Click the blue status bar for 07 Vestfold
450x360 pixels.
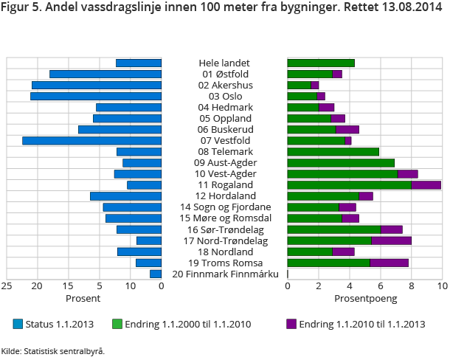coord(92,140)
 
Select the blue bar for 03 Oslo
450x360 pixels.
coord(96,96)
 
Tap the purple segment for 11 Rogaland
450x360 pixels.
coord(426,184)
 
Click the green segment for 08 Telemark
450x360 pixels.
coord(333,151)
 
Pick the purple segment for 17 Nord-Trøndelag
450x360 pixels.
coord(391,240)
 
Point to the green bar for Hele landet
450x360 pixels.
coord(321,63)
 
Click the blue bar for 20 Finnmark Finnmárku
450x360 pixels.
coord(156,274)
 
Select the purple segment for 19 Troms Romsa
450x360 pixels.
coord(389,263)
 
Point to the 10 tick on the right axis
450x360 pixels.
coord(442,286)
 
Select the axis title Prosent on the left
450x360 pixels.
coord(83,299)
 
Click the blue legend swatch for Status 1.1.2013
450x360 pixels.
coord(18,324)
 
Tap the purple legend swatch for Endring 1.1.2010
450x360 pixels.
coord(291,324)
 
